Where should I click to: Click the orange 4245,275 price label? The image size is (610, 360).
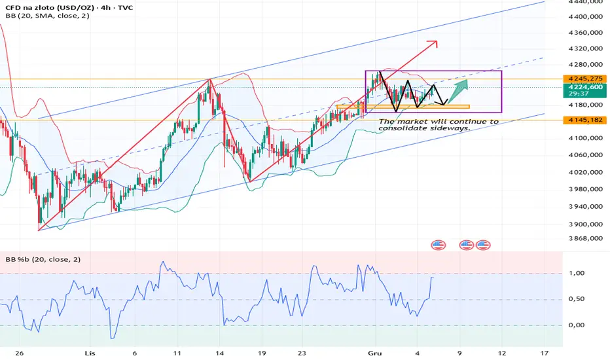pos(586,78)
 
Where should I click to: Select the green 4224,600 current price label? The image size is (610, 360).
pos(586,88)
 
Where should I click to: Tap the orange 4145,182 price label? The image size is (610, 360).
pos(586,120)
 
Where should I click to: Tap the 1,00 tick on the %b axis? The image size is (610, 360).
pos(585,273)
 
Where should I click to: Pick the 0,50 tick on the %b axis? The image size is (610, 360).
pos(585,299)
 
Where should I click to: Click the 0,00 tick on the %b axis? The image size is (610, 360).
pos(585,325)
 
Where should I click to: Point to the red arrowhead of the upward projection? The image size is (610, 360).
pos(433,44)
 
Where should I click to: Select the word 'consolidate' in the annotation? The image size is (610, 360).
pos(406,128)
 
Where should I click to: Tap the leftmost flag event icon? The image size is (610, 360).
pos(438,245)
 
